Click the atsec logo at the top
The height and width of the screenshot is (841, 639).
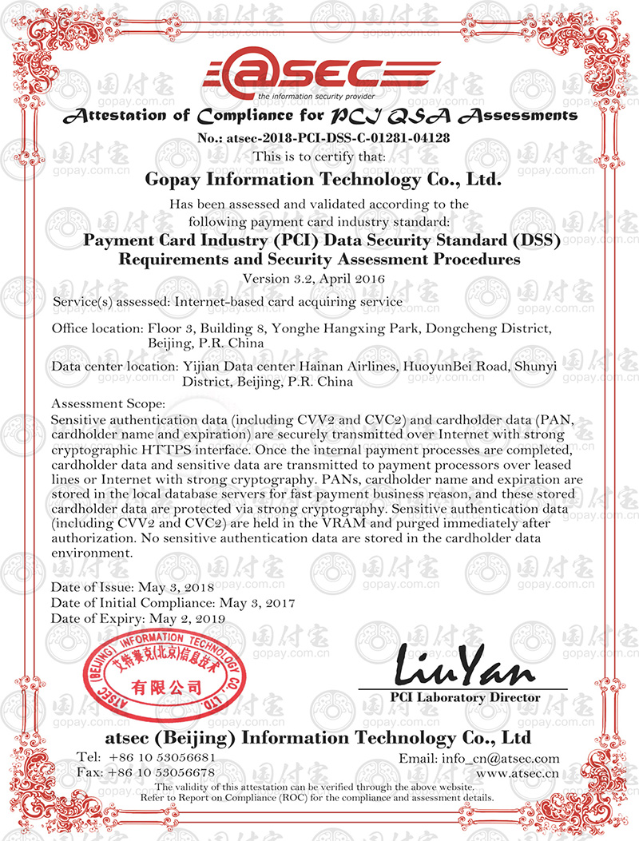[319, 74]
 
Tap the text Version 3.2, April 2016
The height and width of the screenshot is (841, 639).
[319, 279]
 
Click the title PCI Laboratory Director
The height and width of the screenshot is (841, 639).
[465, 697]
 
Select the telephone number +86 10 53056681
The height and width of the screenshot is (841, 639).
[162, 756]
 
